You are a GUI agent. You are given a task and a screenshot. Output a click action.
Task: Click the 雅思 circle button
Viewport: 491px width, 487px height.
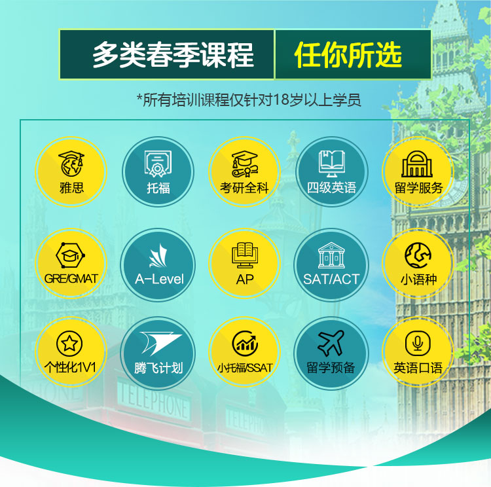click(71, 171)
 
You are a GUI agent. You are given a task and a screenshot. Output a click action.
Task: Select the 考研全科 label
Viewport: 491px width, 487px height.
click(245, 188)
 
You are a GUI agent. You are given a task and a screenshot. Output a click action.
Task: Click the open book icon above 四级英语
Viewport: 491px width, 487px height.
click(332, 163)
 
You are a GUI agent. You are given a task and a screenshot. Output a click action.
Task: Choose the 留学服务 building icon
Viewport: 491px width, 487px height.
click(417, 164)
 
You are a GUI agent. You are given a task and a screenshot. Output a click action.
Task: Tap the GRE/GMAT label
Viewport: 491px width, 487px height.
click(71, 278)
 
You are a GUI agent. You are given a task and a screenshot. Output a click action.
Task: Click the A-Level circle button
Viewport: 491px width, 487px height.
click(158, 265)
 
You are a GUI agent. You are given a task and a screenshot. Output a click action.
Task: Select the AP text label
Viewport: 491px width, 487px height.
click(245, 280)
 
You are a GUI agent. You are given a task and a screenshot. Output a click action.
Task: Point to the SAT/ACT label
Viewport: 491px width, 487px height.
click(331, 279)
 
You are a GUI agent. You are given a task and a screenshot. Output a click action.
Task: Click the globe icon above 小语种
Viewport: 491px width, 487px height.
click(418, 255)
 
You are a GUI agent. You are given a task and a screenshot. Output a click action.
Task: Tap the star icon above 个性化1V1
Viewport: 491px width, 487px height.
click(69, 344)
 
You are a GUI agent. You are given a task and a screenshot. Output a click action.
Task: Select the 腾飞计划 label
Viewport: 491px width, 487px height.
click(158, 368)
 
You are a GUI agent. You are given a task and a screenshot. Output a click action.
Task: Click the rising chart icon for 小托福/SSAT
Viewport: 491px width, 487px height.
click(245, 344)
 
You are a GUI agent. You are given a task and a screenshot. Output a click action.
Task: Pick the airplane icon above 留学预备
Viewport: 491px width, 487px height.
click(331, 343)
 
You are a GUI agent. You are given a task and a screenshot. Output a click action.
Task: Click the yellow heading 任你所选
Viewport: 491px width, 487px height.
click(348, 55)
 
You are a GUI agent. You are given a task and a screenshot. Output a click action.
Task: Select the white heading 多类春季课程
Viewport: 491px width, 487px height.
click(173, 55)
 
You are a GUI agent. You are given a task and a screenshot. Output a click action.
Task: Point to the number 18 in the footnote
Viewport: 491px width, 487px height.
click(281, 100)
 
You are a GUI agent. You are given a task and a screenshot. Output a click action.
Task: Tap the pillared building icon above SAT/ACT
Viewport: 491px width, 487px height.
click(331, 255)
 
